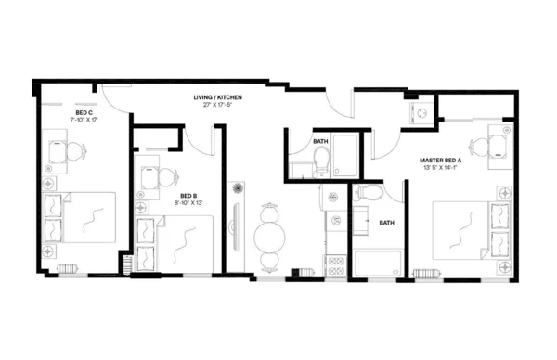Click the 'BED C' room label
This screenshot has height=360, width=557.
pyautogui.click(x=83, y=112)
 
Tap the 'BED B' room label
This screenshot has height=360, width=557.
pyautogui.click(x=188, y=196)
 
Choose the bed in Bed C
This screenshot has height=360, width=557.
pyautogui.click(x=84, y=219)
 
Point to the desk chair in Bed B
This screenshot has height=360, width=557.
pyautogui.click(x=168, y=178)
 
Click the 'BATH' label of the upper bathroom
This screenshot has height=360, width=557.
pyautogui.click(x=320, y=141)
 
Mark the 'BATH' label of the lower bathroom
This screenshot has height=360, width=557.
pyautogui.click(x=386, y=223)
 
